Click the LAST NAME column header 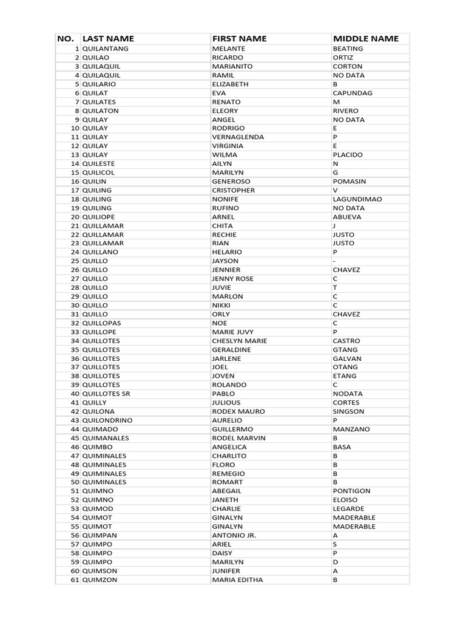tap(108, 39)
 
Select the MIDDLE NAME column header tap(366, 39)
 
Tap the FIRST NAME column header tap(239, 39)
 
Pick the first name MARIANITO tap(232, 66)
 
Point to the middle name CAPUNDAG tap(353, 93)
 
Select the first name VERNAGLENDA tap(238, 137)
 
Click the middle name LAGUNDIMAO tap(357, 199)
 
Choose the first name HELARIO tap(227, 252)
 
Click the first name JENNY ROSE tap(233, 279)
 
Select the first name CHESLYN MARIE tap(239, 341)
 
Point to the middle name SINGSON tap(349, 411)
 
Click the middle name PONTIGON tap(351, 491)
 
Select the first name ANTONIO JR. tap(234, 535)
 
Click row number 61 tap(75, 579)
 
